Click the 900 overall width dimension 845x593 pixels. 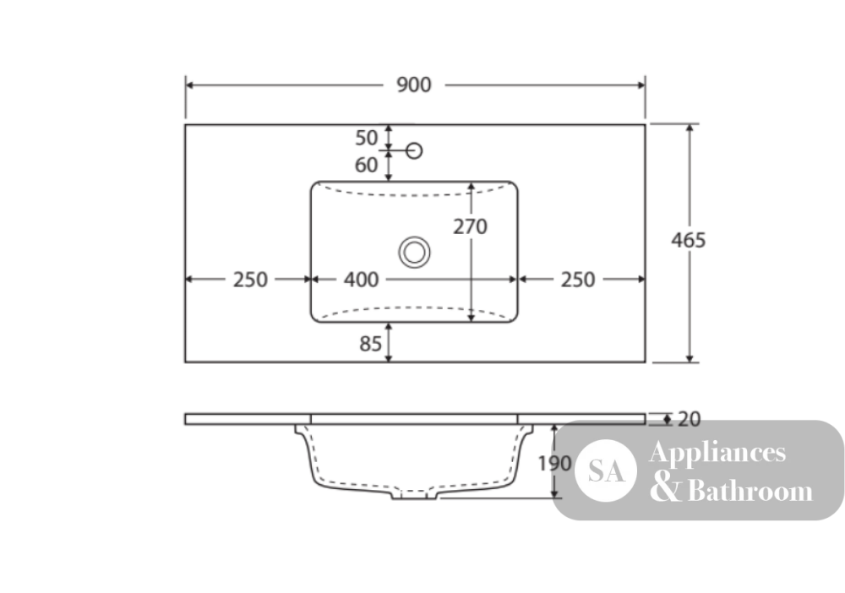pyautogui.click(x=414, y=85)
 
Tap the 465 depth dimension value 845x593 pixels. pyautogui.click(x=688, y=240)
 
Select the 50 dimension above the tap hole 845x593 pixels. pyautogui.click(x=367, y=138)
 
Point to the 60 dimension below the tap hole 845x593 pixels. pyautogui.click(x=367, y=165)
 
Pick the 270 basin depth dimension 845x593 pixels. pyautogui.click(x=470, y=226)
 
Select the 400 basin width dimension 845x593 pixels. pyautogui.click(x=361, y=280)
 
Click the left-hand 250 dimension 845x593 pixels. pyautogui.click(x=250, y=280)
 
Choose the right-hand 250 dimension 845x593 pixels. pyautogui.click(x=578, y=280)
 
